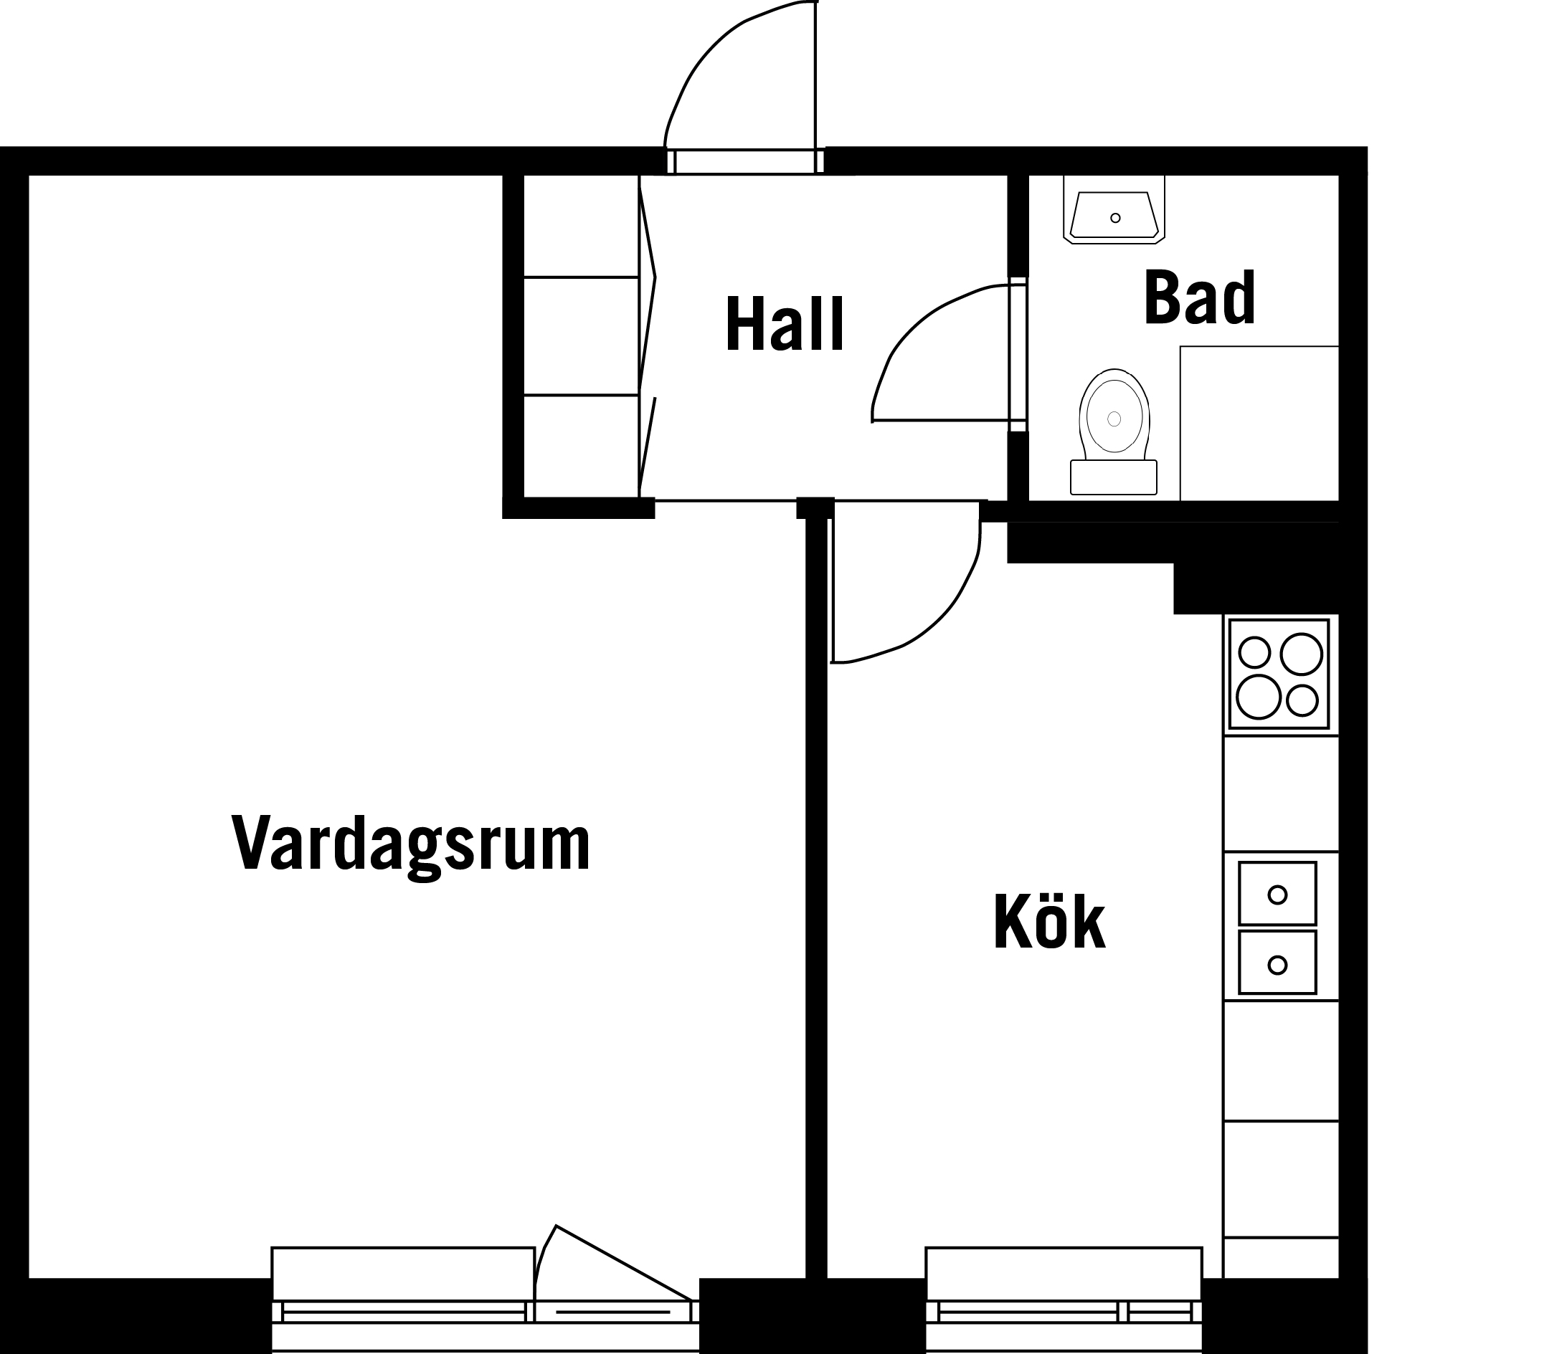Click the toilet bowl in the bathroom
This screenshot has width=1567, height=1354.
pos(1114,414)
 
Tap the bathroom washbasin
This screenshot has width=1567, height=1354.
pos(1114,209)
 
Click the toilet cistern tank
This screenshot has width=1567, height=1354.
pos(1114,477)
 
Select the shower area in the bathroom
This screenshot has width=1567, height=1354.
pos(1259,424)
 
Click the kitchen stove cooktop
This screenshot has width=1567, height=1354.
pos(1279,674)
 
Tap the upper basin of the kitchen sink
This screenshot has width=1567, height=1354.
pos(1277,894)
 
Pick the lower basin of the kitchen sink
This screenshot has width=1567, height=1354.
pos(1277,963)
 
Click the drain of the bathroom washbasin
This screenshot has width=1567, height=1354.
pos(1114,218)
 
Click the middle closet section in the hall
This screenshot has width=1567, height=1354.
pos(582,335)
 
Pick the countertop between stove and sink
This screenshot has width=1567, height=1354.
pos(1281,793)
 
